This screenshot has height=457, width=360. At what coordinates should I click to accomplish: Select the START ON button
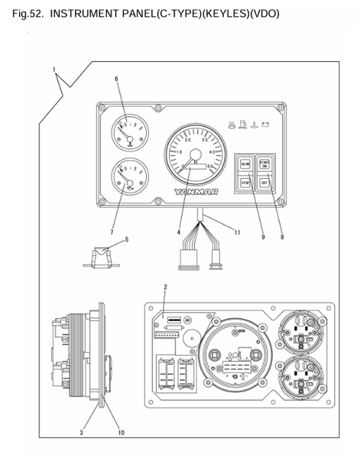click(265, 165)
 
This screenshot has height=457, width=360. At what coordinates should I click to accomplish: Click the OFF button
click(265, 183)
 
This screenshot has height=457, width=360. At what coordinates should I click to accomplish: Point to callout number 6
click(116, 79)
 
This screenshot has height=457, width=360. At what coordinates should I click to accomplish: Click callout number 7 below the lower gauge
click(114, 231)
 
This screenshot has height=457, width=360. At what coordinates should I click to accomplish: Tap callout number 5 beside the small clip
click(126, 239)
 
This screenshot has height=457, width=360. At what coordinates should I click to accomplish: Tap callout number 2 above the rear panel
click(165, 287)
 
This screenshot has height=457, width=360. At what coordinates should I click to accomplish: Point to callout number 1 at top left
click(53, 68)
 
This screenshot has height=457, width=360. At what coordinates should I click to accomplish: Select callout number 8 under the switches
click(281, 237)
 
